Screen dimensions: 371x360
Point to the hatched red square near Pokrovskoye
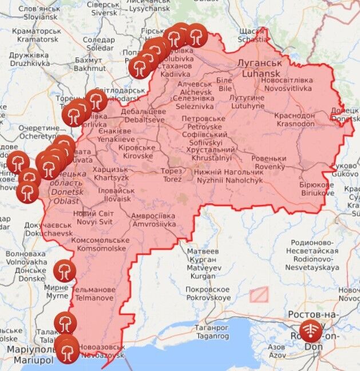[259, 294]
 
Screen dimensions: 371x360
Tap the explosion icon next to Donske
[64, 270]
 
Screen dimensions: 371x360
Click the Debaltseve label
[143, 116]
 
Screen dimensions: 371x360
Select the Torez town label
[171, 175]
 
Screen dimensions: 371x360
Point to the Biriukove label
[317, 189]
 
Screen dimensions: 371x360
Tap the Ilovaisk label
[116, 195]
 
